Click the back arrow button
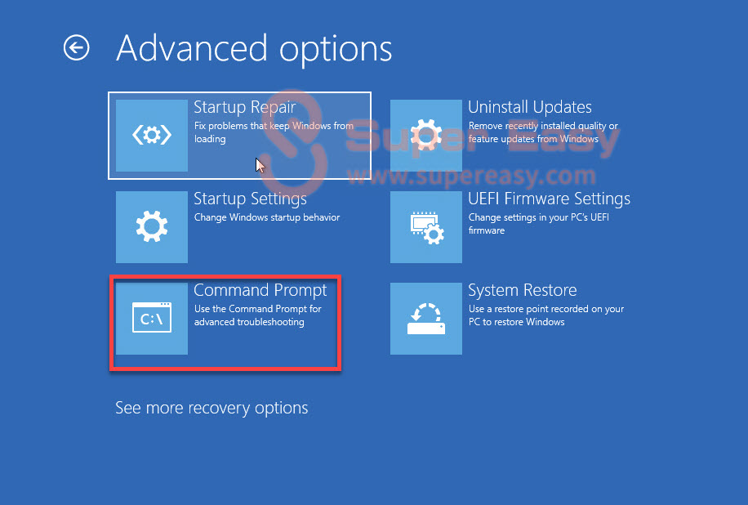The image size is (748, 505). click(76, 47)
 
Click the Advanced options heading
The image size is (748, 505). click(254, 49)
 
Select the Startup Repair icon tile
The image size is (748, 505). click(152, 136)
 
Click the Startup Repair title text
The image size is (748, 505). click(245, 107)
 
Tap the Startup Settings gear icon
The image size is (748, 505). click(152, 226)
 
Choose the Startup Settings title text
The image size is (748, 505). click(250, 199)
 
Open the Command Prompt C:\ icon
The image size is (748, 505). click(152, 318)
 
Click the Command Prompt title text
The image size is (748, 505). click(260, 290)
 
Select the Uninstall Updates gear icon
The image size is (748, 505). click(426, 136)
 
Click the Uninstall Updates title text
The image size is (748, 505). click(529, 107)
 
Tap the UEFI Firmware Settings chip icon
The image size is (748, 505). click(426, 227)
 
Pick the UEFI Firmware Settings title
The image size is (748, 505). click(549, 199)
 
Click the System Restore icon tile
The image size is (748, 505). click(426, 319)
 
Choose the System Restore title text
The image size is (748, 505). click(523, 290)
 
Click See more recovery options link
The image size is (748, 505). click(211, 408)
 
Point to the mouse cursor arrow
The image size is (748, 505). click(260, 165)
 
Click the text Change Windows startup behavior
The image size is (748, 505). click(267, 217)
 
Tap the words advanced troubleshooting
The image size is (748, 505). click(249, 322)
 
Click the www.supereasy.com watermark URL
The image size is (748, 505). click(471, 177)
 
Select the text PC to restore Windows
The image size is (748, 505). click(516, 322)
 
